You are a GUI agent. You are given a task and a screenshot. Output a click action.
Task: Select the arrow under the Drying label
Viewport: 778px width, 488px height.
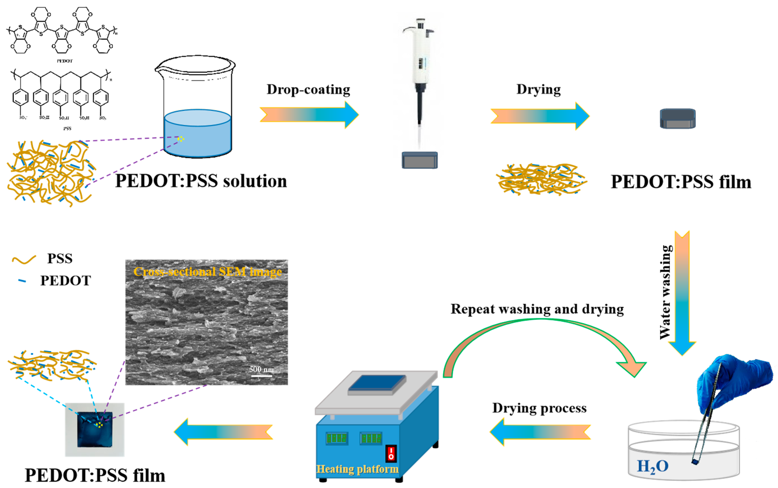point(539,116)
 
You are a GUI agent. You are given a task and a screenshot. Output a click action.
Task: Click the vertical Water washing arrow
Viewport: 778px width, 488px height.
point(682,291)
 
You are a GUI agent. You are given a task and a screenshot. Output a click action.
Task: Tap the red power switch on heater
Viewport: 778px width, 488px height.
point(391,453)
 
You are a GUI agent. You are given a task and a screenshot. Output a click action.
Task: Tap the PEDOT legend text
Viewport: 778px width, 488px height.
point(65,280)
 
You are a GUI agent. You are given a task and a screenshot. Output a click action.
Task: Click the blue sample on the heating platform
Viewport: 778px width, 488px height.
point(377,384)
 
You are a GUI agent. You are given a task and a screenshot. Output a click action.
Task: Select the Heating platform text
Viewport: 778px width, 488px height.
point(357,469)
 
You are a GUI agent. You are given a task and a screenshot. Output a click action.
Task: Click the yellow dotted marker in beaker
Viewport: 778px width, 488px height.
point(181,139)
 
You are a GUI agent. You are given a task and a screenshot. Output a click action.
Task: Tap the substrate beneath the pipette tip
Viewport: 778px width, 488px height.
point(419,160)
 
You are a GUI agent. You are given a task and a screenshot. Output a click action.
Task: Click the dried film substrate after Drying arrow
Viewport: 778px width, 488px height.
point(677,118)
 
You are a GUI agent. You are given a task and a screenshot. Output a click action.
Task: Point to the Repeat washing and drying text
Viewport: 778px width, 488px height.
point(537,309)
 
